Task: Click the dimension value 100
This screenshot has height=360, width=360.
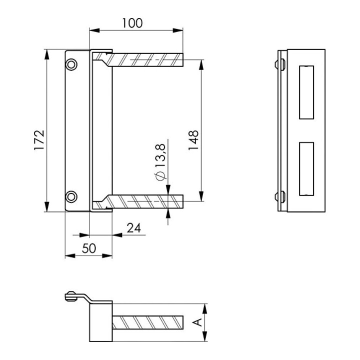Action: pos(132,23)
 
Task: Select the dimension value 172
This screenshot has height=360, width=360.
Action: pos(39,140)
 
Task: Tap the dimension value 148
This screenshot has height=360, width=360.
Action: pos(193,140)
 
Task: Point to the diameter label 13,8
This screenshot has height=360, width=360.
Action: pos(160,155)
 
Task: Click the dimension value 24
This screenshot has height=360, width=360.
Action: pos(134,228)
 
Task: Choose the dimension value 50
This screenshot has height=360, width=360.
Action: pos(89,248)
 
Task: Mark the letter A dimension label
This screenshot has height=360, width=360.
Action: pos(197,322)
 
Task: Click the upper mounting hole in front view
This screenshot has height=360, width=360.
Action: pos(71,64)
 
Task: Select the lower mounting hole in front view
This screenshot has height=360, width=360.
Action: pos(71,197)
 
